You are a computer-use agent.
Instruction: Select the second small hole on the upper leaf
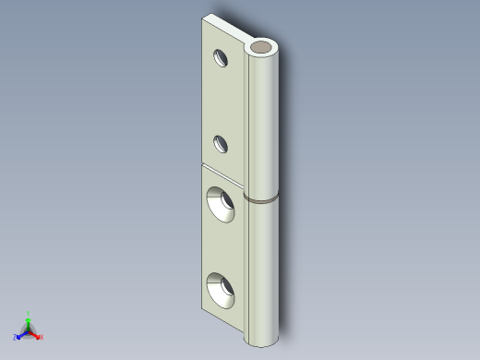tap(222, 143)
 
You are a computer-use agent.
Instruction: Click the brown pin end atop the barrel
tap(263, 46)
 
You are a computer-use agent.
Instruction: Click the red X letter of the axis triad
tap(42, 337)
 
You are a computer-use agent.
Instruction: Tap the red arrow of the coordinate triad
tap(35, 333)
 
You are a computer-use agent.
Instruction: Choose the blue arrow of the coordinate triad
tap(21, 333)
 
